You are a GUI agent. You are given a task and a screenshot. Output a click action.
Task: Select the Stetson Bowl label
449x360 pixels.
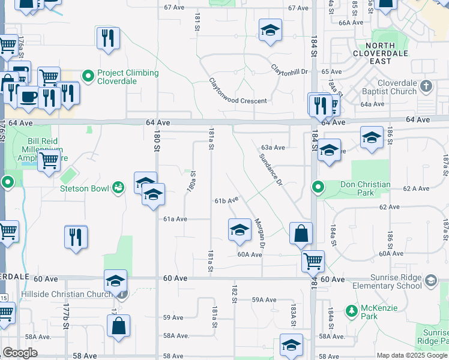coord(84,188)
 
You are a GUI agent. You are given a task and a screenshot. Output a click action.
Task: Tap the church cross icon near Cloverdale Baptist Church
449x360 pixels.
coord(426,86)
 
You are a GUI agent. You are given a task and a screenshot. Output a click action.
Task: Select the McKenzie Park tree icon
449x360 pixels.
coord(352,311)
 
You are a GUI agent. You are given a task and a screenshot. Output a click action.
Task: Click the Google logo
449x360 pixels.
coord(20,353)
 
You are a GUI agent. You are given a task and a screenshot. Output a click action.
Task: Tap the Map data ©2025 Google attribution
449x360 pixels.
coord(411,355)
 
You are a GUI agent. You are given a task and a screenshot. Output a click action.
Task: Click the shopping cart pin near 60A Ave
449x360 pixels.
coord(313,260)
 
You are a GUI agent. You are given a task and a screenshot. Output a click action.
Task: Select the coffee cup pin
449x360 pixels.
coord(28,96)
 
